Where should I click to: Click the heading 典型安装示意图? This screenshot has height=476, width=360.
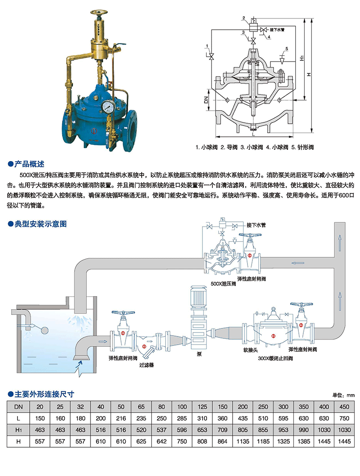click(40, 224)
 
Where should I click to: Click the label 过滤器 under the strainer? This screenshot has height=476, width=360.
click(146, 365)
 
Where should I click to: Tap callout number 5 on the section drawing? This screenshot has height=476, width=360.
click(287, 48)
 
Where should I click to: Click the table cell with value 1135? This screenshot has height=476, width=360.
click(243, 442)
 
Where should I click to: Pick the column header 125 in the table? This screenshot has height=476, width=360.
click(202, 407)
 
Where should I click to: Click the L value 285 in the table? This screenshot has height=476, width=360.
click(182, 418)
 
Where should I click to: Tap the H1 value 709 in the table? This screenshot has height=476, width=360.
click(223, 430)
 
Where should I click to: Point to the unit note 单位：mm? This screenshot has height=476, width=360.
click(344, 395)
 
